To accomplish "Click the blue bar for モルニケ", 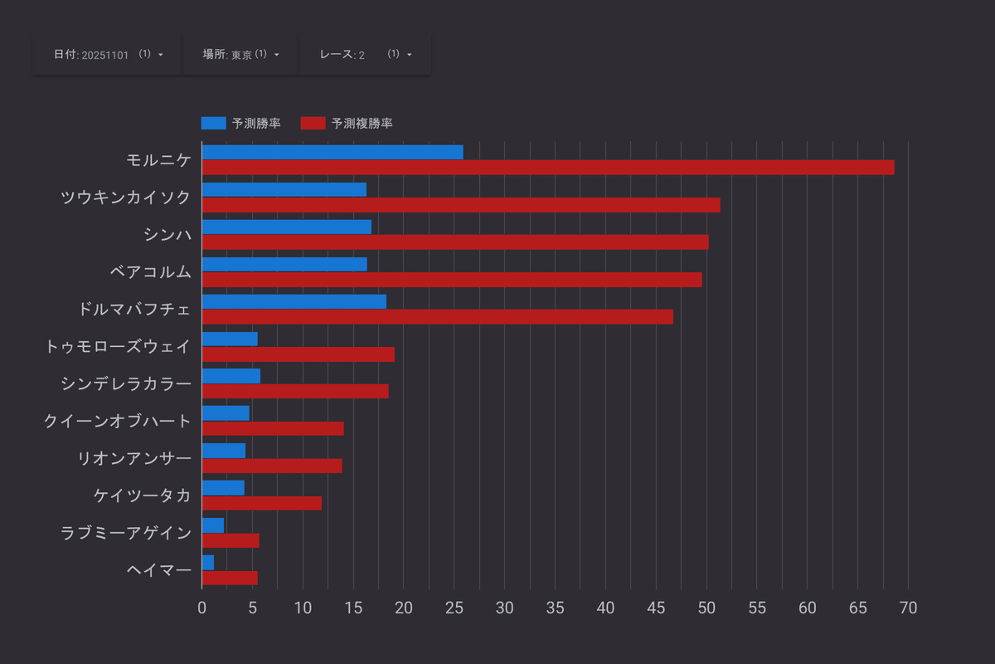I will (332, 152).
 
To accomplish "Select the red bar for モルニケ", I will (547, 168).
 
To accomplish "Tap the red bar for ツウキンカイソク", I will (460, 205).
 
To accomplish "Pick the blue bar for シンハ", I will (286, 227).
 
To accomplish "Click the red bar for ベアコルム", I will (452, 280).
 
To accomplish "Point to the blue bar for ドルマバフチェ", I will (294, 301).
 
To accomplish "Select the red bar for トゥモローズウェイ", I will (298, 354).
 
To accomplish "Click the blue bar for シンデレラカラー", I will (231, 376).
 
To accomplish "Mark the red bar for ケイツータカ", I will (261, 503).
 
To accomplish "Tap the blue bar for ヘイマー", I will (207, 563).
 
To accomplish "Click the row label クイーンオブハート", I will (118, 421).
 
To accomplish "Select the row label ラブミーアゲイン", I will (126, 533).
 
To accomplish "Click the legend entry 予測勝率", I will (240, 124).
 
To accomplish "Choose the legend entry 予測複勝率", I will (347, 124).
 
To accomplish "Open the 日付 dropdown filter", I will (108, 54).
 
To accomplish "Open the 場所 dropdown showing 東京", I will (240, 54).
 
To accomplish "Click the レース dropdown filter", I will (365, 54).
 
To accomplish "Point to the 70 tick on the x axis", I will (908, 608).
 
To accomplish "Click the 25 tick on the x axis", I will (454, 608).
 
